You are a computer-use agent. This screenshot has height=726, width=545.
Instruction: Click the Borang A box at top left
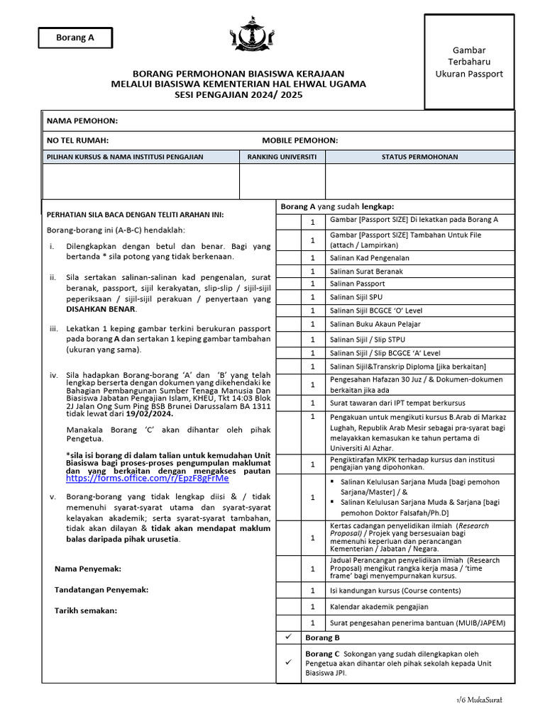pos(75,38)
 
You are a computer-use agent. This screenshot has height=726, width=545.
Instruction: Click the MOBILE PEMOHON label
pos(299,140)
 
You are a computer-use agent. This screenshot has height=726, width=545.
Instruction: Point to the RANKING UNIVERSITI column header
pos(282,157)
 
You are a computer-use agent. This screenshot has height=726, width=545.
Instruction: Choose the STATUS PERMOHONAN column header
pos(419,157)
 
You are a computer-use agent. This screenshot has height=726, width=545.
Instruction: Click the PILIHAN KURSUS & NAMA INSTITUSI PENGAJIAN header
pos(125,157)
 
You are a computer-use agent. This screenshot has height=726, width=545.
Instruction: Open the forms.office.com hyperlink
pos(147,479)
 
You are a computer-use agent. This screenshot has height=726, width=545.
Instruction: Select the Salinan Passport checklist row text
pos(357,284)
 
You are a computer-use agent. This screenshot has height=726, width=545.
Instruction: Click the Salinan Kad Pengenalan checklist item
pos(369,258)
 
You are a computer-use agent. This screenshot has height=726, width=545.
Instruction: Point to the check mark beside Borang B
pos(288,637)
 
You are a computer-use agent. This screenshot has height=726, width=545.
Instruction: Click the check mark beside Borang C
pos(288,662)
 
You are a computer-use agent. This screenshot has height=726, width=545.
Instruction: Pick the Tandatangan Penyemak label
pos(101,589)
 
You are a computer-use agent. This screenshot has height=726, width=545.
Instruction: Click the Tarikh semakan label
pos(86,610)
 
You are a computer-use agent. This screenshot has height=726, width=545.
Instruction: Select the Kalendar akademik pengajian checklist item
pos(379,607)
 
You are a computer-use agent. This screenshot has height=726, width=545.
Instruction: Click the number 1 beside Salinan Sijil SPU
pos(312,297)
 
